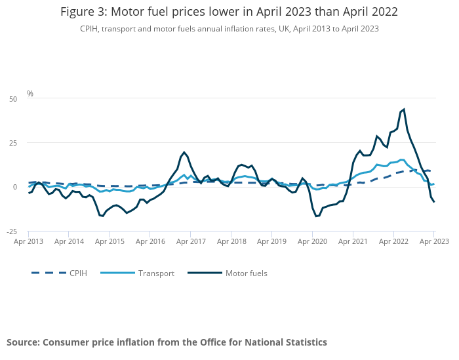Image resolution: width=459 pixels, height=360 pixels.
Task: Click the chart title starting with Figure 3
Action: (229, 12)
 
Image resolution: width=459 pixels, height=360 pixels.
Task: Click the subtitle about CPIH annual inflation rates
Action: (229, 29)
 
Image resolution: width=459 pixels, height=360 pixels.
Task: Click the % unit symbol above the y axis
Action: (30, 94)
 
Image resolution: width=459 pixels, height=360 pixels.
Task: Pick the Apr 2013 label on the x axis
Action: (28, 241)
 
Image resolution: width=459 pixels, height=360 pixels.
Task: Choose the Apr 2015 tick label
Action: (110, 241)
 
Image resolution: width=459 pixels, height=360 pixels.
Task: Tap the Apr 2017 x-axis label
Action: (190, 241)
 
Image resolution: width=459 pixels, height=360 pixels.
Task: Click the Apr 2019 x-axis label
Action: (271, 241)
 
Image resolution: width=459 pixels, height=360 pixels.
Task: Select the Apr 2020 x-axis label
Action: (312, 241)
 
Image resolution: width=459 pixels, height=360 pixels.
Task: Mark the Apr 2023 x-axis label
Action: (433, 241)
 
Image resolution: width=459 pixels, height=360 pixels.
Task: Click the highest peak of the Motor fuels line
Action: (404, 110)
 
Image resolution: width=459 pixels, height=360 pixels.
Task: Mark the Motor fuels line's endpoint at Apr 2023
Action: (434, 202)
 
